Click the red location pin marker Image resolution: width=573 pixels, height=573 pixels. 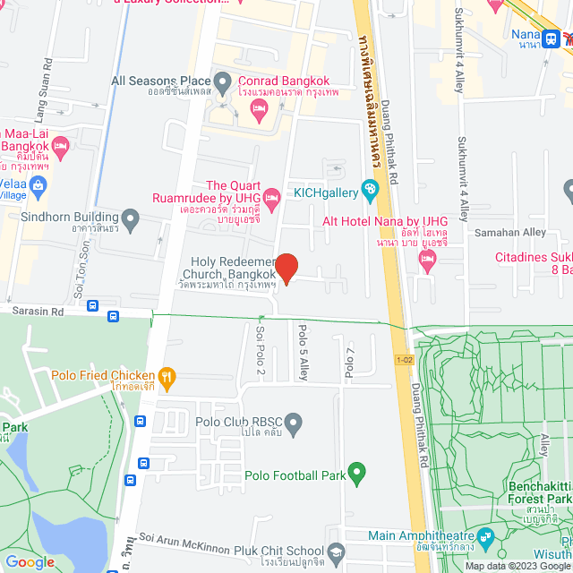pos(286,268)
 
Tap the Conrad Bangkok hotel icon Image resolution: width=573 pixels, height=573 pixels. pos(260,111)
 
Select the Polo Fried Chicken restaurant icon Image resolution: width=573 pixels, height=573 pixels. pos(166,377)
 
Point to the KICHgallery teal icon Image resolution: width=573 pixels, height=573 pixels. pos(368,189)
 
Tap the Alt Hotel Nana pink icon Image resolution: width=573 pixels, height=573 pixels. pos(427,260)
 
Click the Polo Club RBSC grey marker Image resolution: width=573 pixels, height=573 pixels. pos(292,421)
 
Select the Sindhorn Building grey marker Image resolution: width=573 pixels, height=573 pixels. pos(131,218)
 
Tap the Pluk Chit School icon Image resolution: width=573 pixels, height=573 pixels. pos(337,551)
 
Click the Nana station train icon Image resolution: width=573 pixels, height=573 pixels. pos(552,38)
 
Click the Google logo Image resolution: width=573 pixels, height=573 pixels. pos(30,562)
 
